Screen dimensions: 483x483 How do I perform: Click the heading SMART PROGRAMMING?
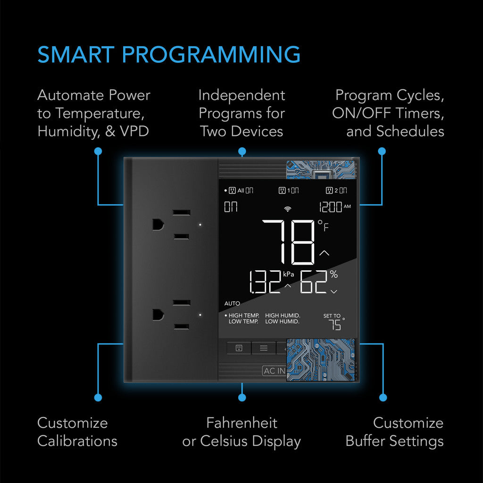click(169, 55)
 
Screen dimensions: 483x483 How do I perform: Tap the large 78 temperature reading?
click(289, 241)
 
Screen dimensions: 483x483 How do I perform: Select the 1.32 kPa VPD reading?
click(265, 283)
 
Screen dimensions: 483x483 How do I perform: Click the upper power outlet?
click(170, 225)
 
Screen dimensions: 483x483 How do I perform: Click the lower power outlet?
click(170, 314)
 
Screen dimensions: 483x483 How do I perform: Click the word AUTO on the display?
click(232, 304)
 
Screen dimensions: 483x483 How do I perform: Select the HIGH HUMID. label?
click(283, 316)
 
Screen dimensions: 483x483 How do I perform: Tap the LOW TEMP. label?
click(243, 322)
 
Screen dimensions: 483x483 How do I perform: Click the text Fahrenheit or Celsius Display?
click(241, 432)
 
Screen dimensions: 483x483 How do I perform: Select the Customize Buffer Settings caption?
click(394, 432)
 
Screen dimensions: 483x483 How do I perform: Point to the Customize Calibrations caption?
click(77, 432)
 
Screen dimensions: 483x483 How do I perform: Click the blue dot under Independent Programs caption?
click(242, 151)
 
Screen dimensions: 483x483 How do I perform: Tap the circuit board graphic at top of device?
click(320, 169)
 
